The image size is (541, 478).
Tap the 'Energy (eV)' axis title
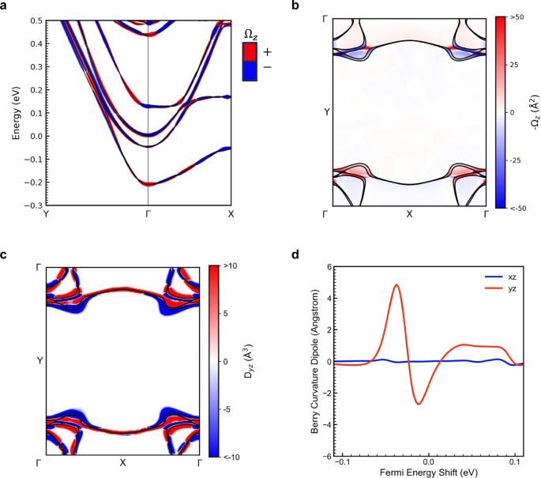tap(15, 112)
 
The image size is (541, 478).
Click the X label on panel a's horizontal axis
tap(231, 214)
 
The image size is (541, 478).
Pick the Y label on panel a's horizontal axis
tap(46, 214)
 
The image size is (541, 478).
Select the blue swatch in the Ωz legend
tap(249, 69)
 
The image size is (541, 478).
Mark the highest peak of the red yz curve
tap(396, 285)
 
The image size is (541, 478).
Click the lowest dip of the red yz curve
tap(419, 404)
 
